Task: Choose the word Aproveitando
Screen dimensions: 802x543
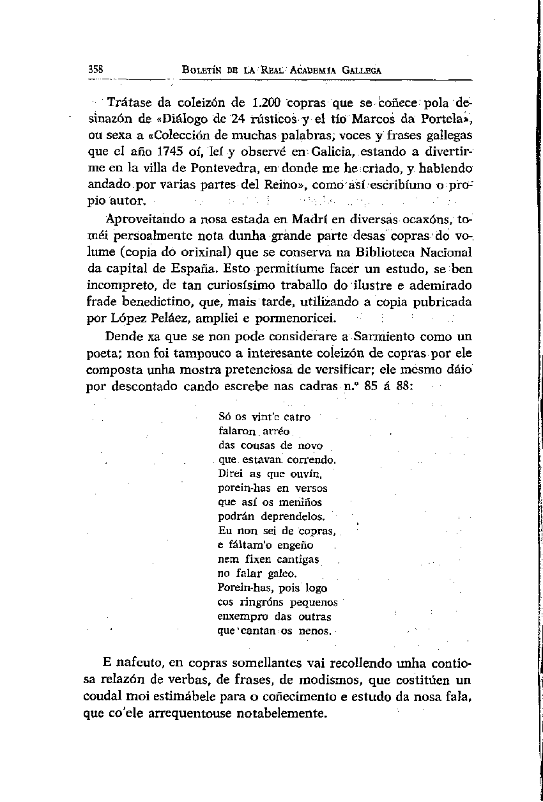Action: [142, 219]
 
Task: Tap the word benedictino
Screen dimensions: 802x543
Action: [160, 302]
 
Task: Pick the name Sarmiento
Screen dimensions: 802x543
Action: [384, 336]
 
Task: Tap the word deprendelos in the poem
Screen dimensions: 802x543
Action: [290, 516]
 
